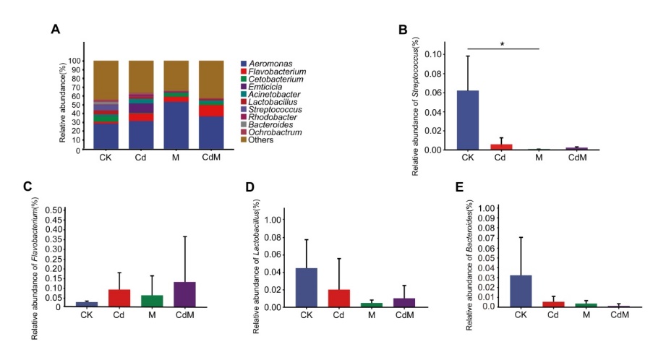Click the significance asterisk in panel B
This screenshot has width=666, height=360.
[x=502, y=45]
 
